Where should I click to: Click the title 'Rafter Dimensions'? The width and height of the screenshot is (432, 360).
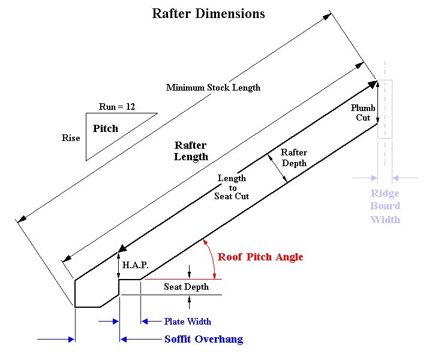[x=208, y=13]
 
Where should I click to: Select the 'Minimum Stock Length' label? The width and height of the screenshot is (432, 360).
[x=213, y=88]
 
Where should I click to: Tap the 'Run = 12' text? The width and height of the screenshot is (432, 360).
[x=117, y=107]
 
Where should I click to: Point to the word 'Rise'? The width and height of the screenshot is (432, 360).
[x=71, y=138]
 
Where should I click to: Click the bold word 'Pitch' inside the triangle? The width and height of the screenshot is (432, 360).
[x=106, y=128]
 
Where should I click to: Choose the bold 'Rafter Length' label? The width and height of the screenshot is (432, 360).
[x=191, y=151]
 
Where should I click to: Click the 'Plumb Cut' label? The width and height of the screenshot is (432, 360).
[x=363, y=113]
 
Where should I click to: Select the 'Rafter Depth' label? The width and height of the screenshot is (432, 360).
[x=293, y=158]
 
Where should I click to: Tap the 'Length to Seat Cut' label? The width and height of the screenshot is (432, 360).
[x=232, y=187]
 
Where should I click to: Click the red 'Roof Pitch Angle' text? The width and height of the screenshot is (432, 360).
[x=260, y=257]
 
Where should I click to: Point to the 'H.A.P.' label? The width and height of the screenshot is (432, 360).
[x=135, y=265]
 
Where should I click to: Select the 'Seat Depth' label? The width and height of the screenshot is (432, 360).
[x=186, y=287]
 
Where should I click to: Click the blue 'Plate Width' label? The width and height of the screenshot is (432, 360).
[x=188, y=322]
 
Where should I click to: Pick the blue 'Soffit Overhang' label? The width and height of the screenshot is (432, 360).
[x=203, y=340]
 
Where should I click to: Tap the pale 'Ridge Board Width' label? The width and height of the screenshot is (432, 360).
[x=385, y=206]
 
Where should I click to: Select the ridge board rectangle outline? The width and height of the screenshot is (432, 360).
[x=385, y=109]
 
